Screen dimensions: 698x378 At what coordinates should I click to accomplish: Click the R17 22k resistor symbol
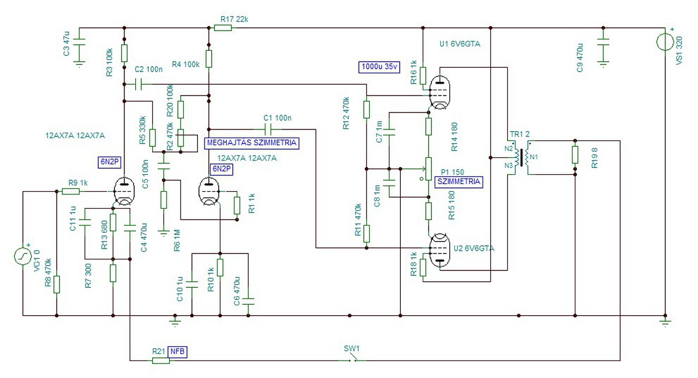click(x=223, y=28)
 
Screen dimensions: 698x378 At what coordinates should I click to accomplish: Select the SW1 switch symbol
click(x=352, y=358)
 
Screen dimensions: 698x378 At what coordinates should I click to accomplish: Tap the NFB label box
click(x=177, y=352)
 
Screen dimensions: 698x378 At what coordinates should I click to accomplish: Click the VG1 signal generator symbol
click(x=23, y=256)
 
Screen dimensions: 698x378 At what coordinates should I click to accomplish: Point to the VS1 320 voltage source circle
click(x=665, y=42)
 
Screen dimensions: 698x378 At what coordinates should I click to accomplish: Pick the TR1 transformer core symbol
click(x=521, y=158)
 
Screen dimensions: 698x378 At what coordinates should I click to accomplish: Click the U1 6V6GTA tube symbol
click(x=440, y=92)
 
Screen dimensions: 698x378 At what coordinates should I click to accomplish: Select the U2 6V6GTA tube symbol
click(x=440, y=250)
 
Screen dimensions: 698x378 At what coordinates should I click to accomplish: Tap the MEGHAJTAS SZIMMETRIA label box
click(x=252, y=143)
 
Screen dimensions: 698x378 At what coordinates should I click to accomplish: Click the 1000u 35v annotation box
click(x=379, y=67)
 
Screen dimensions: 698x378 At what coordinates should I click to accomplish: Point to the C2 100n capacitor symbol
click(x=139, y=84)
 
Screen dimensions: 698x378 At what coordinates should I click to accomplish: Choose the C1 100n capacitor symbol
click(x=267, y=129)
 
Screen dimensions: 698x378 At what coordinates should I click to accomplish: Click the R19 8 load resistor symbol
click(x=575, y=155)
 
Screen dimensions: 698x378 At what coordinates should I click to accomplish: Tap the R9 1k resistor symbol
click(x=71, y=191)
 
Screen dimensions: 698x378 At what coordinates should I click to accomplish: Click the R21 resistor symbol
click(x=161, y=361)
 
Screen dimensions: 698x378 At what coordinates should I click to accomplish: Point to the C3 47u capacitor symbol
click(x=79, y=42)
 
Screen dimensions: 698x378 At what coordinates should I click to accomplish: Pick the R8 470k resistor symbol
click(x=56, y=285)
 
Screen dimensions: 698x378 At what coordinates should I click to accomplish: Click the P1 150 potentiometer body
click(x=429, y=169)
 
